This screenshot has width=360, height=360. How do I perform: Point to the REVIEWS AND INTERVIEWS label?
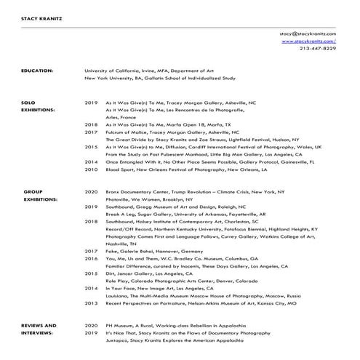39,329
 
